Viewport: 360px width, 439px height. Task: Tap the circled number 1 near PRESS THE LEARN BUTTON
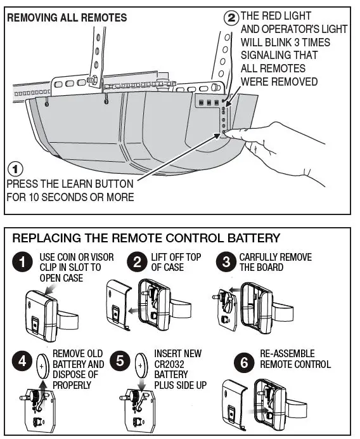pyautogui.click(x=14, y=169)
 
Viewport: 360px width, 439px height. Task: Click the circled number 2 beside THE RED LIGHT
pyautogui.click(x=232, y=17)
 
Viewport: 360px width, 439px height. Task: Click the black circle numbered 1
pyautogui.click(x=23, y=262)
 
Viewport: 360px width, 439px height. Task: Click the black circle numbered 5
pyautogui.click(x=120, y=362)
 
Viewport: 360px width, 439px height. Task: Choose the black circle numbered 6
pyautogui.click(x=244, y=362)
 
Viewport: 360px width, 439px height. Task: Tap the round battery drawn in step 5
pyautogui.click(x=143, y=366)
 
